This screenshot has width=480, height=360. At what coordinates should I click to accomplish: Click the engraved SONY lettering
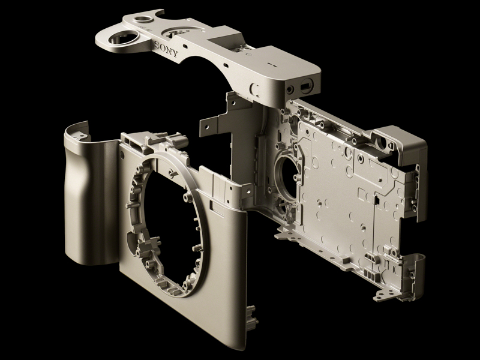[x=166, y=50]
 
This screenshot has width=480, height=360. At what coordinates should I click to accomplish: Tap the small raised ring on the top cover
[x=144, y=19]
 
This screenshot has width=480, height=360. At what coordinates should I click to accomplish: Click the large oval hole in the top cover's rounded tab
[x=124, y=38]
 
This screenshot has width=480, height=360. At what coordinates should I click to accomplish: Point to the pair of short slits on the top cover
[x=272, y=65]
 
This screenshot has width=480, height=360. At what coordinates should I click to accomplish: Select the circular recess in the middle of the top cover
[x=181, y=32]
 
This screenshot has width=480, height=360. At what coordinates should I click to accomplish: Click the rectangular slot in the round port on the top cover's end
[x=306, y=85]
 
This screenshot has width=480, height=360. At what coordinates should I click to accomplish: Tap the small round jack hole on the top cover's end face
[x=290, y=89]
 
